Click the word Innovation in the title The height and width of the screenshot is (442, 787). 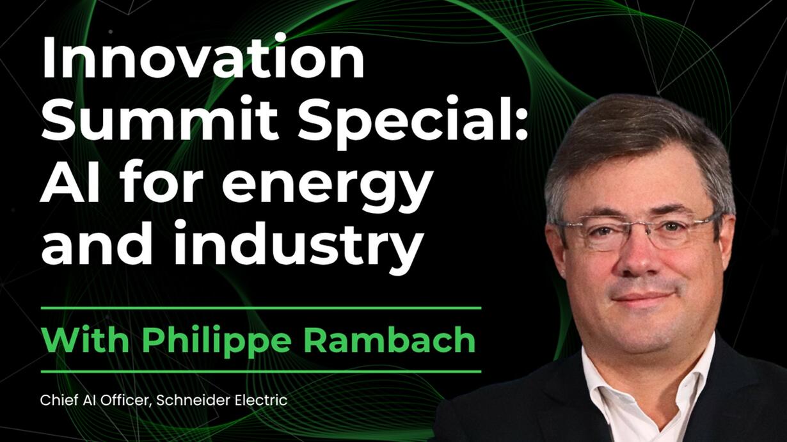(x=203, y=56)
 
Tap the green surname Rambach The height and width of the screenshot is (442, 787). (x=390, y=339)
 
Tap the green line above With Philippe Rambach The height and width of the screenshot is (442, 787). (x=261, y=308)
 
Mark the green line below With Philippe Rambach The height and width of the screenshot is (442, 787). (x=261, y=372)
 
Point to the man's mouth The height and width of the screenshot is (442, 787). (x=643, y=297)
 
